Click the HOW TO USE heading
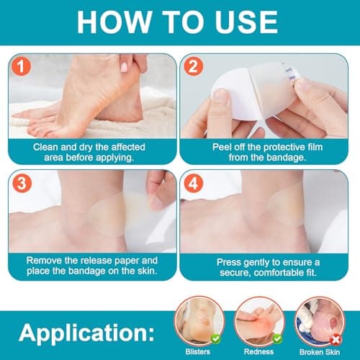(180, 24)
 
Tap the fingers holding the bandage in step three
(160, 186)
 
